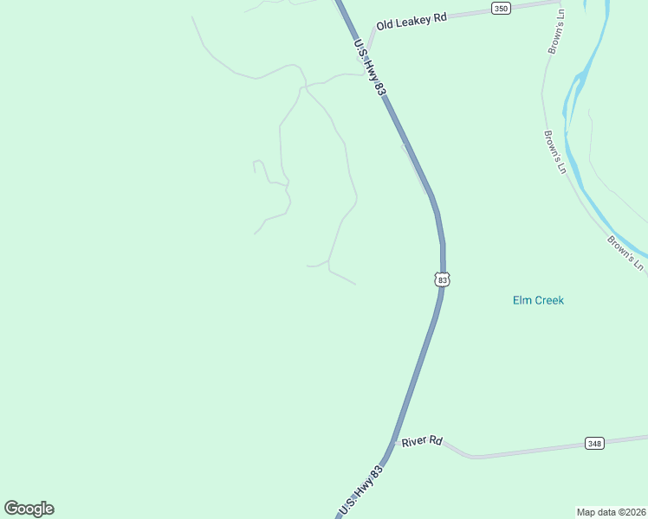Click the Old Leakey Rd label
click(x=411, y=22)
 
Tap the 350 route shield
click(x=501, y=9)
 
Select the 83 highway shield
click(x=443, y=279)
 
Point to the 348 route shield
click(x=593, y=444)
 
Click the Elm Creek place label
click(x=538, y=300)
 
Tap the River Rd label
click(x=423, y=441)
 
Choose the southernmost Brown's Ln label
click(x=625, y=253)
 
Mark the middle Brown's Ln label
click(x=554, y=152)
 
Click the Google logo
click(x=29, y=509)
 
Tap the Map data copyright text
click(x=611, y=511)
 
